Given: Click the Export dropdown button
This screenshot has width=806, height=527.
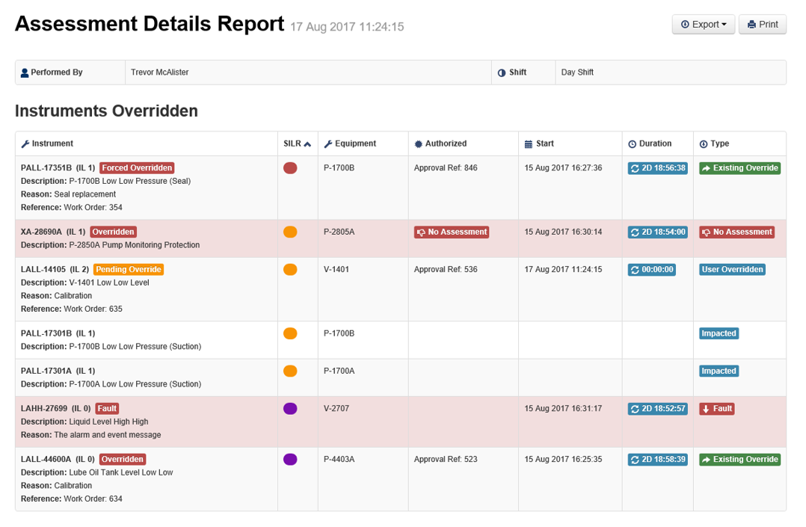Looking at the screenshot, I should click(704, 25).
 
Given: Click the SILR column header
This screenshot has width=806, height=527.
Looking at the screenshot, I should click(297, 144).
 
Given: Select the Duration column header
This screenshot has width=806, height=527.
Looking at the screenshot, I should click(650, 144).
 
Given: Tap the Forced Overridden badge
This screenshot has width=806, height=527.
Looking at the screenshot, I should click(137, 168).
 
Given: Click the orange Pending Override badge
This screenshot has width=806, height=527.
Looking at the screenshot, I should click(129, 269).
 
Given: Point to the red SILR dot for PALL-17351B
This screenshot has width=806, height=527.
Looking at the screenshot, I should click(290, 168).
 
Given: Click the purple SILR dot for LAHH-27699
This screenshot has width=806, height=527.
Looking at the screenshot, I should click(290, 409).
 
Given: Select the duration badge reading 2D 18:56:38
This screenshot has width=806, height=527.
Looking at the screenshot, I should click(658, 168).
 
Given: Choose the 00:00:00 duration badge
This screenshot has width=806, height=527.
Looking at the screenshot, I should click(652, 269).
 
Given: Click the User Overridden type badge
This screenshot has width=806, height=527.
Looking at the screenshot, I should click(732, 269).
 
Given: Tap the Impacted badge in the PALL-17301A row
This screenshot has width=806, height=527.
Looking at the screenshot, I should click(719, 371).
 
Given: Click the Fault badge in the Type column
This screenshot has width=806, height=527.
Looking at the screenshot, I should click(716, 409).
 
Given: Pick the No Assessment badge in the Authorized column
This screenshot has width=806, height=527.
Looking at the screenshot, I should click(452, 232).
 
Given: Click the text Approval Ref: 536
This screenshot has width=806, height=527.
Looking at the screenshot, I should click(446, 269).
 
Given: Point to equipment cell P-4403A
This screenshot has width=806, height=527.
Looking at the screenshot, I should click(339, 460).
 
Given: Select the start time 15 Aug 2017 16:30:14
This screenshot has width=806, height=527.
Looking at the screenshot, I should click(563, 232).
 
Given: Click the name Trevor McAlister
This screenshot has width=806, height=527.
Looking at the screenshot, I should click(160, 73).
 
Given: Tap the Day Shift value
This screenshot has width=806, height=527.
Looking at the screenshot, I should click(577, 73).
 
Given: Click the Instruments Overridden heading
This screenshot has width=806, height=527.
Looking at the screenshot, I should click(106, 111).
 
